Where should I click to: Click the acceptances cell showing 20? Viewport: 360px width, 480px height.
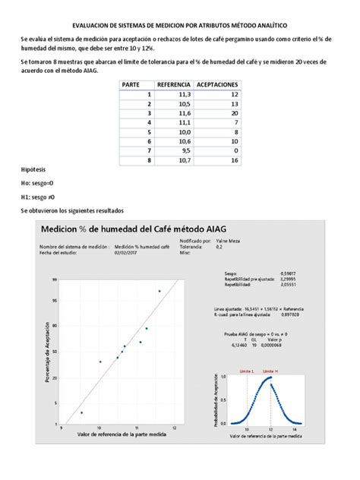234,112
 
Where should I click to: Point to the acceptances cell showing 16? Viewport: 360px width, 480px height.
234,160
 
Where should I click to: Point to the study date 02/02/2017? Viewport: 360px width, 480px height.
123,254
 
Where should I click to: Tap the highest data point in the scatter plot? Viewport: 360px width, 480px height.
159,291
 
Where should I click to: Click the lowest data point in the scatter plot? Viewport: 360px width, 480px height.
82,412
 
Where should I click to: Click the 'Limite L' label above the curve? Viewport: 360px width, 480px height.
246,372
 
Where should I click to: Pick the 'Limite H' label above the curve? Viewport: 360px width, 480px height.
270,372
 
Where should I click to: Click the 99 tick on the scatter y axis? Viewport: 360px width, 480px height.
55,279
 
